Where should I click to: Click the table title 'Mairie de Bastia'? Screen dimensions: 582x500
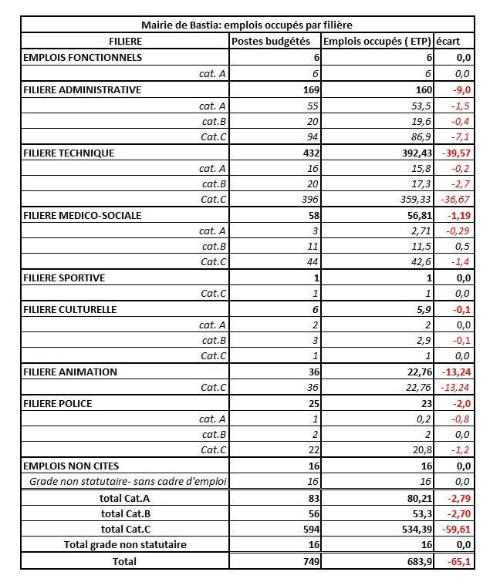(x=247, y=25)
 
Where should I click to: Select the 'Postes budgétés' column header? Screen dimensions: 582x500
(x=275, y=41)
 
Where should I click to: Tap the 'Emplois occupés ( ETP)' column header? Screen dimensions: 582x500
(x=377, y=41)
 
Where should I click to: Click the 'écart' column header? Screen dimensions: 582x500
(x=447, y=41)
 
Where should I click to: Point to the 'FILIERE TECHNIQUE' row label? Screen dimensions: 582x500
(x=69, y=153)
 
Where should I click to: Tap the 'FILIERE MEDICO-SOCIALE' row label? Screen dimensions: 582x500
(x=83, y=215)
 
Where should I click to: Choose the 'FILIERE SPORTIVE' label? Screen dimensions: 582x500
(x=65, y=278)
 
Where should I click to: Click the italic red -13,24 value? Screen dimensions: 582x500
(x=454, y=387)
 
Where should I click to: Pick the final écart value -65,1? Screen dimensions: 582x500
(x=457, y=562)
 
